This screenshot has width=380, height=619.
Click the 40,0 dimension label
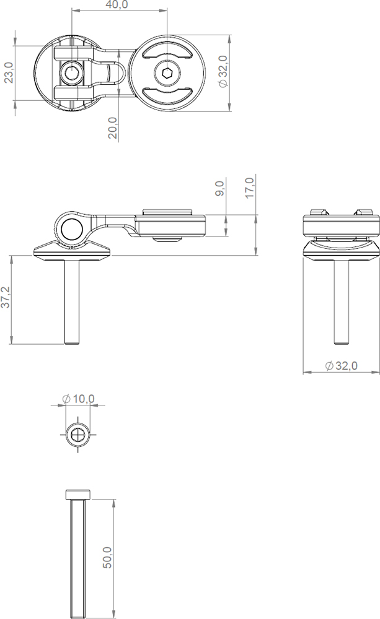click(x=117, y=5)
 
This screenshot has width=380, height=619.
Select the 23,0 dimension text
click(x=9, y=72)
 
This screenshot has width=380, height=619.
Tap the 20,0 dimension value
click(x=113, y=128)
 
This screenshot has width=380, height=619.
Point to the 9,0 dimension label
click(x=220, y=188)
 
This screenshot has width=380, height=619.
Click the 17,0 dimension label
click(x=250, y=188)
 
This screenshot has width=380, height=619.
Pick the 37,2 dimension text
click(x=5, y=297)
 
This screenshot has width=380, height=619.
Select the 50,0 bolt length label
click(x=107, y=558)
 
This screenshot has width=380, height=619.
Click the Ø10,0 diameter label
click(x=78, y=399)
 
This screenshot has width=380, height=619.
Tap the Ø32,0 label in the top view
click(x=223, y=71)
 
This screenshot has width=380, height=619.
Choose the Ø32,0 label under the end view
click(x=341, y=366)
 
